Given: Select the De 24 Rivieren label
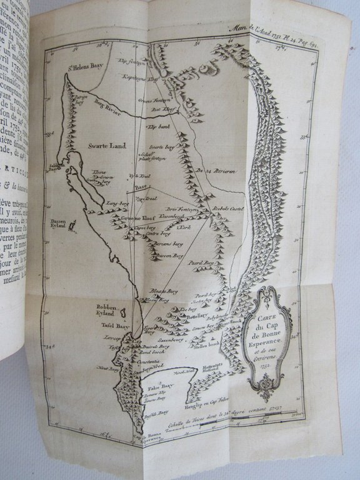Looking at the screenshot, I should coord(214,169).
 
